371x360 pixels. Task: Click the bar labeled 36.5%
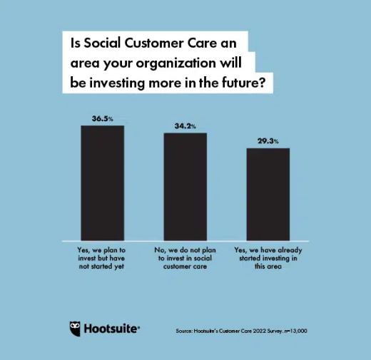tap(103, 183)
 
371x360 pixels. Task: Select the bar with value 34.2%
tap(185, 187)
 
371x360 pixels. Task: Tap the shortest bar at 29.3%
tap(268, 195)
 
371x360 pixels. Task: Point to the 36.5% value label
tap(103, 118)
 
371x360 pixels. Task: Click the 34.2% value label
tap(185, 126)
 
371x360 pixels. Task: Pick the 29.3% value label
tap(268, 141)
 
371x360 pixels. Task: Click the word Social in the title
tap(102, 43)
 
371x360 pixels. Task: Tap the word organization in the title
tap(176, 63)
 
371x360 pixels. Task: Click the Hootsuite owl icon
tap(75, 329)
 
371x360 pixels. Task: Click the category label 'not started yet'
tap(101, 267)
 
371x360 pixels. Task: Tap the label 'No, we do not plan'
tap(185, 250)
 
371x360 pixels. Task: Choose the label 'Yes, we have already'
tap(268, 250)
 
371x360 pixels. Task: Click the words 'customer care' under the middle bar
tap(185, 267)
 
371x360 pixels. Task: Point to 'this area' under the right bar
tap(268, 267)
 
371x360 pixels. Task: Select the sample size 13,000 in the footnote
tap(298, 331)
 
